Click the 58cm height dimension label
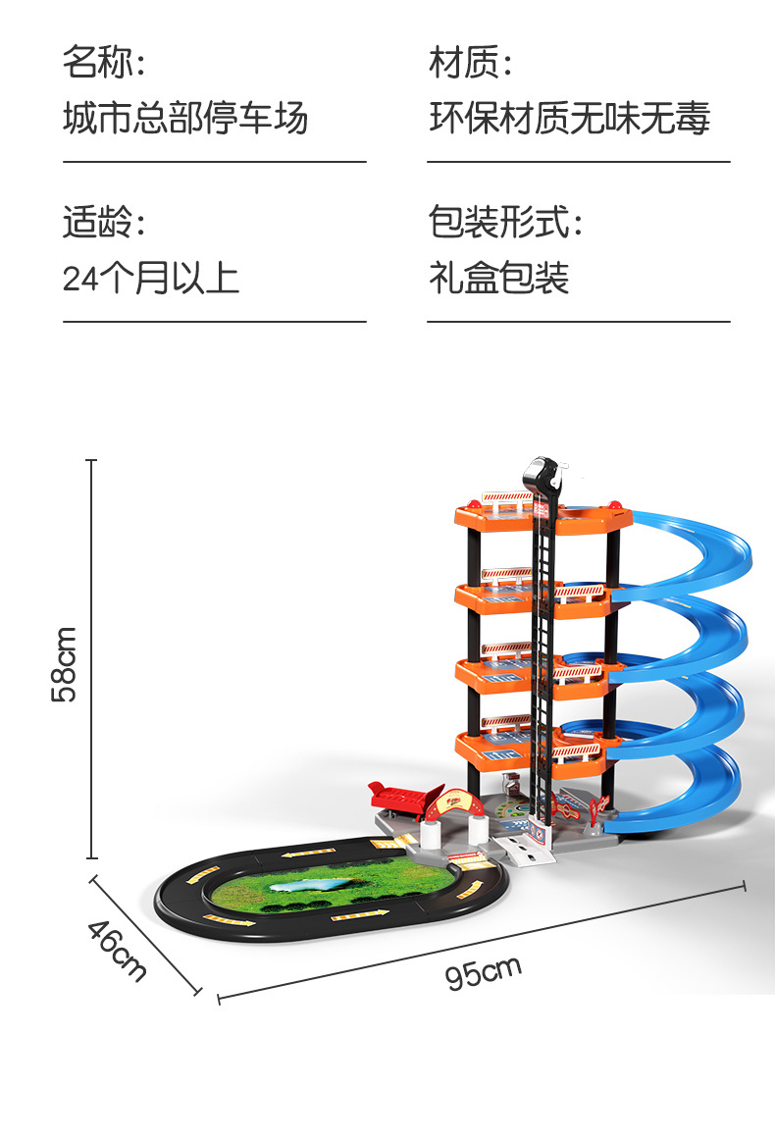[x=65, y=664]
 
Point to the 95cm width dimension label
[x=483, y=972]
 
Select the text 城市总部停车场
[x=185, y=119]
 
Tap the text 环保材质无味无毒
[x=569, y=119]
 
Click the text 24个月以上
[x=151, y=279]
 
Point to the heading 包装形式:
[x=505, y=223]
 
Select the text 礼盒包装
[x=498, y=279]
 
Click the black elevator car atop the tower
[x=544, y=480]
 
